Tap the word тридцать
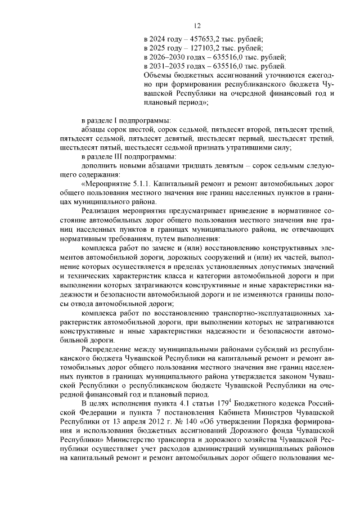(205, 165)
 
